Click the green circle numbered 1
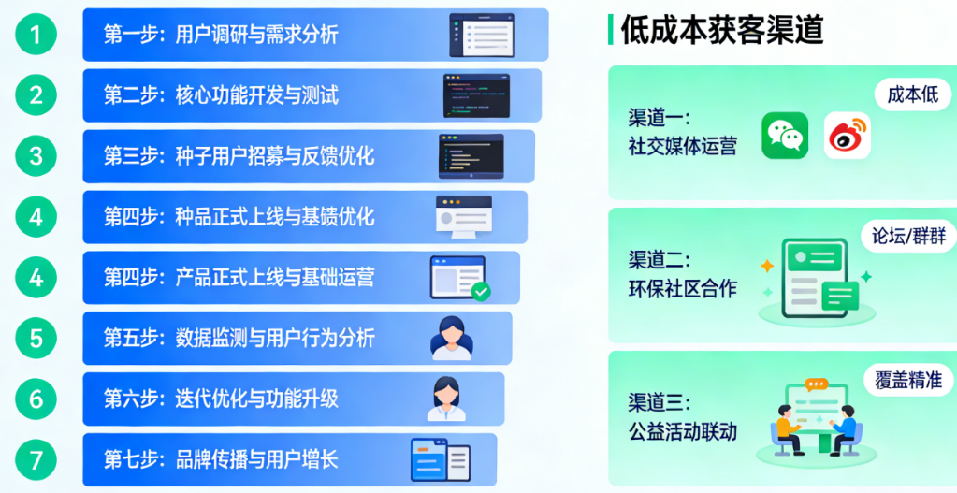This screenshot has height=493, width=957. click(x=36, y=35)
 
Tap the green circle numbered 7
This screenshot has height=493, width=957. click(x=36, y=460)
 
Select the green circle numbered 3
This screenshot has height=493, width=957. click(x=36, y=156)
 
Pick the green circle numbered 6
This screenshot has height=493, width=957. click(x=36, y=399)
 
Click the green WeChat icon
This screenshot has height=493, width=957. click(x=785, y=136)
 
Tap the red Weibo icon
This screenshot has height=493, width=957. click(x=848, y=136)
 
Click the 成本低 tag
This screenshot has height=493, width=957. click(x=912, y=95)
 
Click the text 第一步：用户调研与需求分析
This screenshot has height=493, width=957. click(x=221, y=35)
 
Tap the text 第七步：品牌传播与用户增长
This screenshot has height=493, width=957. click(x=221, y=460)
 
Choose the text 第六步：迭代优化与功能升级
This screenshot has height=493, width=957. click(x=221, y=399)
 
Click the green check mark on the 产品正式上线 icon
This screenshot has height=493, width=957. click(x=481, y=291)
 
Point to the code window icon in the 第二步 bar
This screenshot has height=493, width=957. click(x=476, y=95)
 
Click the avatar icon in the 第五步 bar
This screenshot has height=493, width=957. click(x=452, y=338)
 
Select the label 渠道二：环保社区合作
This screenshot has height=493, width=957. click(x=682, y=274)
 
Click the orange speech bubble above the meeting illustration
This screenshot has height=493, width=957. click(x=816, y=384)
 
